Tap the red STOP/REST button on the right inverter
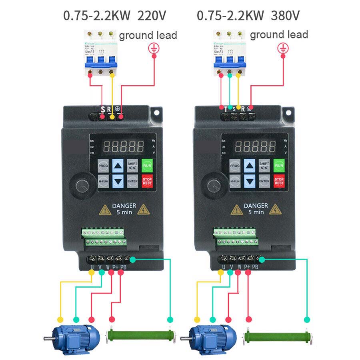pyautogui.click(x=279, y=181)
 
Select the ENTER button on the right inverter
pyautogui.click(x=264, y=181)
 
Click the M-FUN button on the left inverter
pyautogui.click(x=103, y=181)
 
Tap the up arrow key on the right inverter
pyautogui.click(x=250, y=165)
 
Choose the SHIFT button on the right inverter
pyautogui.click(x=264, y=165)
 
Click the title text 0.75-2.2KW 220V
pyautogui.click(x=114, y=16)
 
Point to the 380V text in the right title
pyautogui.click(x=285, y=16)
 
